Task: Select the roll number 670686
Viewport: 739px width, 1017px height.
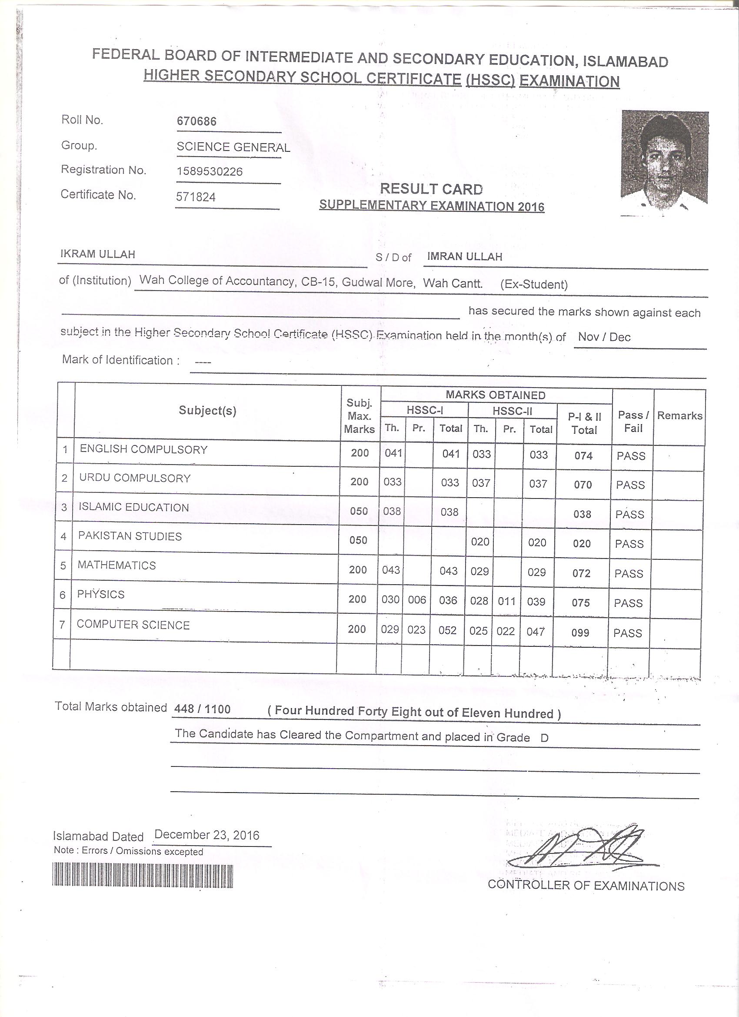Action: click(197, 121)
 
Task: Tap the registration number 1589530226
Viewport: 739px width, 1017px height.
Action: click(209, 172)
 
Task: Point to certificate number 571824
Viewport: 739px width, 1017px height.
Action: click(196, 197)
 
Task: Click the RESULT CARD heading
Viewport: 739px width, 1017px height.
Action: click(431, 189)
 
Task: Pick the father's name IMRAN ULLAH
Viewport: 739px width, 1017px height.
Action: click(464, 257)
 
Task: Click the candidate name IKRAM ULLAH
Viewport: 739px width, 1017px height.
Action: click(98, 254)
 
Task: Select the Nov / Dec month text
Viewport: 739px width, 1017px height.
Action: click(604, 337)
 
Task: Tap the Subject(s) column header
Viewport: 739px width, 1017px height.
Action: click(207, 410)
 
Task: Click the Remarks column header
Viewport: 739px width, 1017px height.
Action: click(679, 416)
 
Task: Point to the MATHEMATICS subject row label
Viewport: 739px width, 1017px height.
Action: click(117, 565)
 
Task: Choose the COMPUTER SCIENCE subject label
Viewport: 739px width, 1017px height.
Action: click(133, 625)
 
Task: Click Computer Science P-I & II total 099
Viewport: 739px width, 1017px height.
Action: click(580, 633)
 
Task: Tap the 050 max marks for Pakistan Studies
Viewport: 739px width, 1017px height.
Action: click(359, 540)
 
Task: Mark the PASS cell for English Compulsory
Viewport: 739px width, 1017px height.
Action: click(631, 456)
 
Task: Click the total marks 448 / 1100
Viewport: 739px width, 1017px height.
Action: click(202, 709)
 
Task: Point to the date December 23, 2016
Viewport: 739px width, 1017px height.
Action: click(206, 835)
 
